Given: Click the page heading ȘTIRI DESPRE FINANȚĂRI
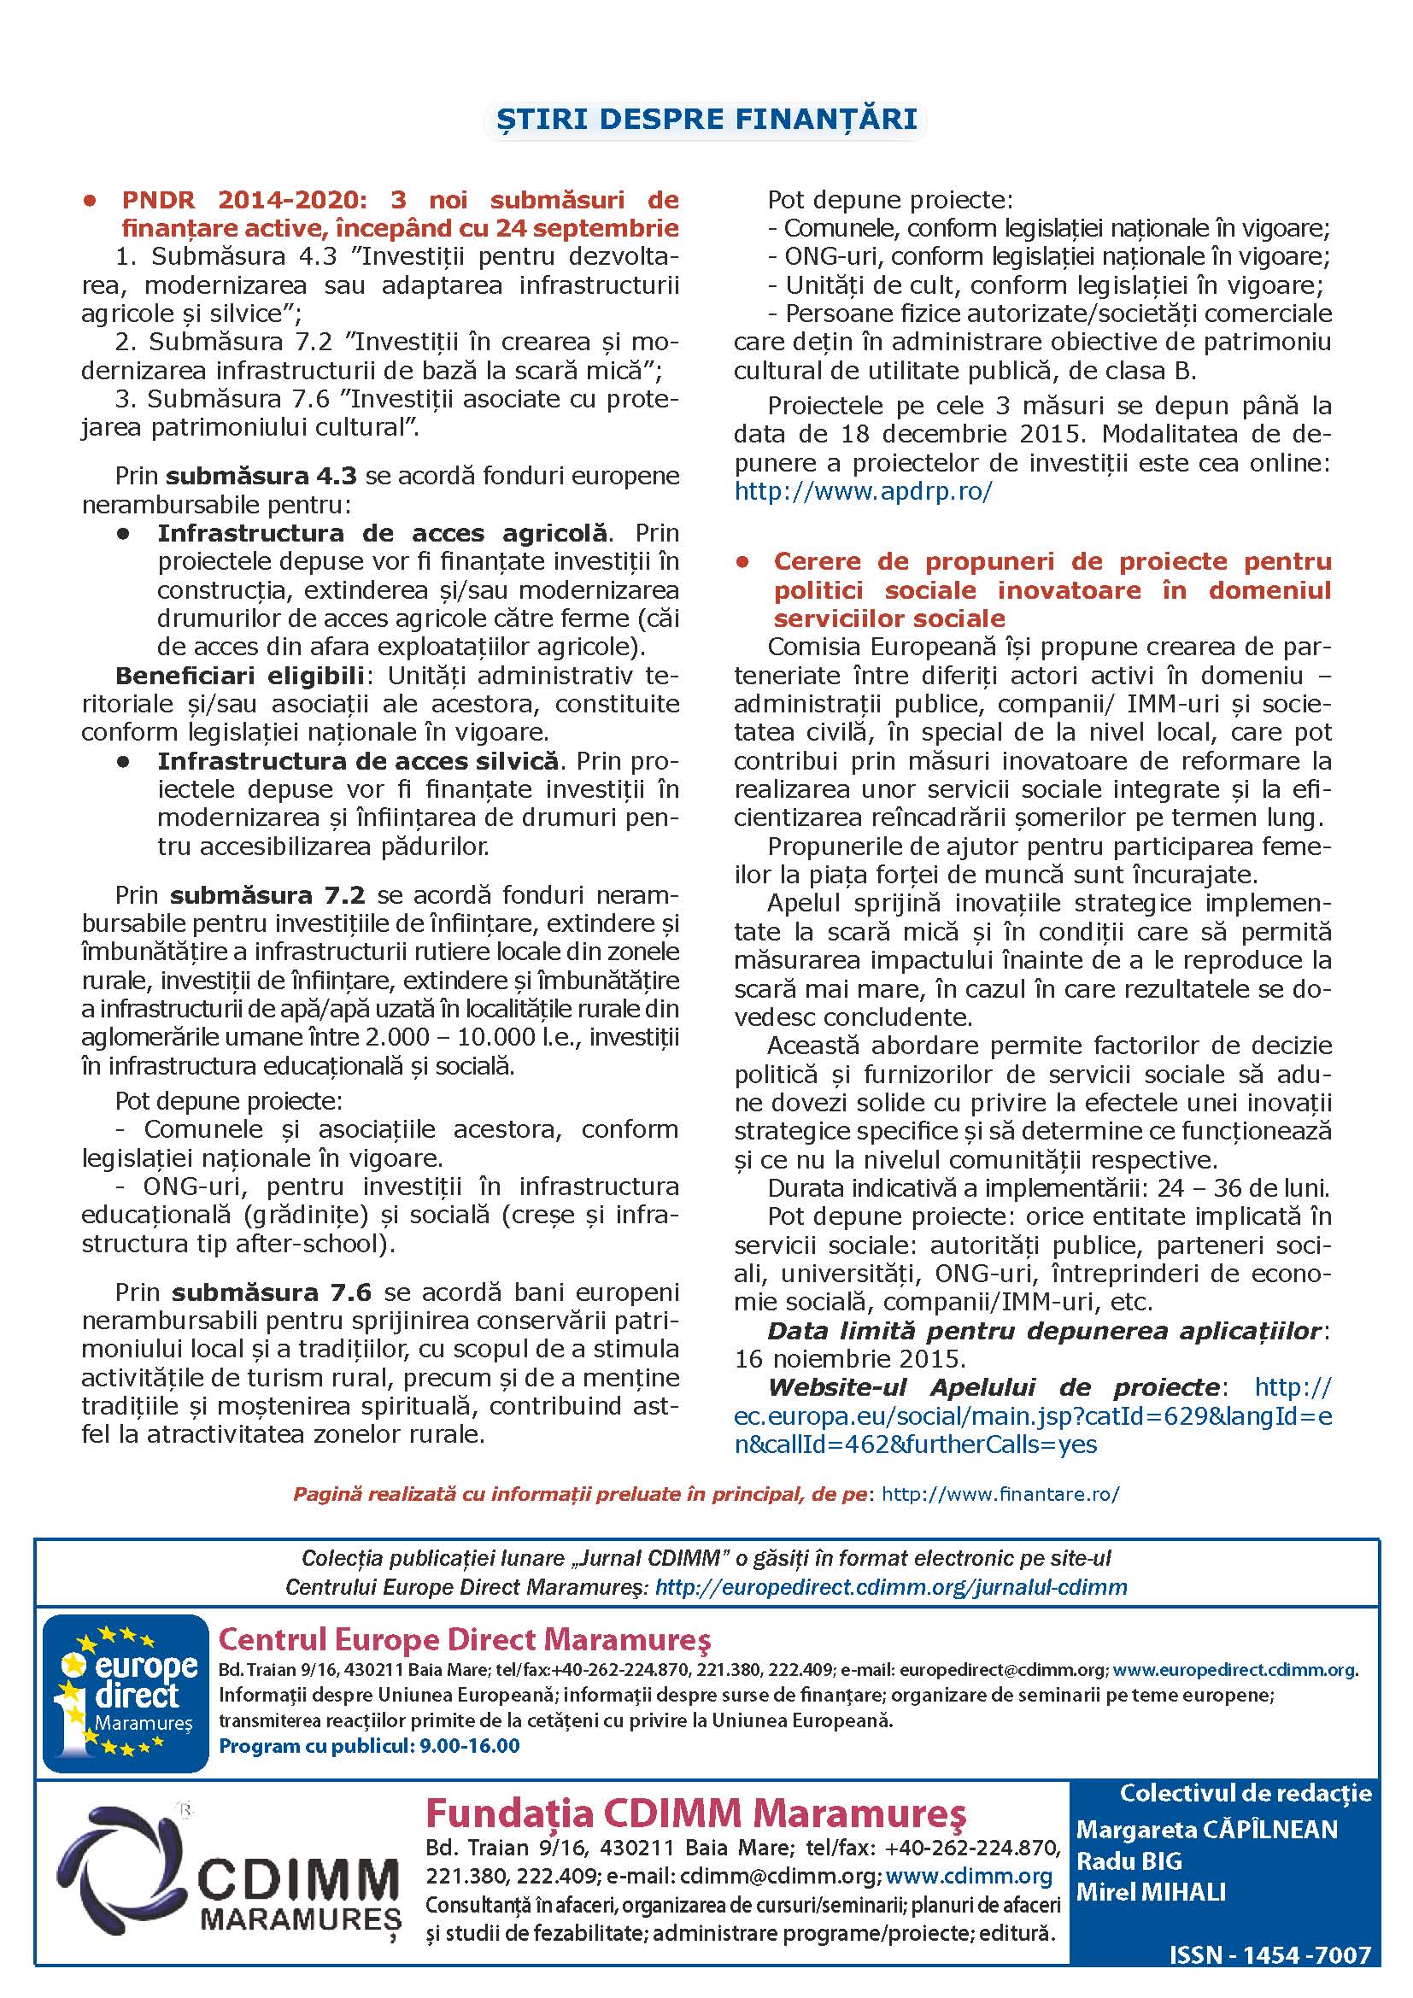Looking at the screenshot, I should tap(706, 120).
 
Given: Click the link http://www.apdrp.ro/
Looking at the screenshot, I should tap(862, 492).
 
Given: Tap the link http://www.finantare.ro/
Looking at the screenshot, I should tap(1000, 1494).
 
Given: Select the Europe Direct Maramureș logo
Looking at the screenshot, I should tap(126, 1693).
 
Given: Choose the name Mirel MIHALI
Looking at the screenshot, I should tap(1150, 1892).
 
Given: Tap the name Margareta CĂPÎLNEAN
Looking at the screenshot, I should tap(1206, 1829).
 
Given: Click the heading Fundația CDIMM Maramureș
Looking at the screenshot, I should tap(695, 1813).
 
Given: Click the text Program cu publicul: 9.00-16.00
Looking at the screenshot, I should tap(369, 1746).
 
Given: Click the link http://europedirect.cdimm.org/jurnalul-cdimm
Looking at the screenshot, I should tap(891, 1587).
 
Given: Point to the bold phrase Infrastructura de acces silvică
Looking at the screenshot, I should tap(358, 761).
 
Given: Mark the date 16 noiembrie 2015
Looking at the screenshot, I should tap(849, 1359).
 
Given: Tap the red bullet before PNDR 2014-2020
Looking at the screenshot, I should tap(89, 201).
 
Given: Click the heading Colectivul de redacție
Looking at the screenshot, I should tap(1245, 1794).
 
